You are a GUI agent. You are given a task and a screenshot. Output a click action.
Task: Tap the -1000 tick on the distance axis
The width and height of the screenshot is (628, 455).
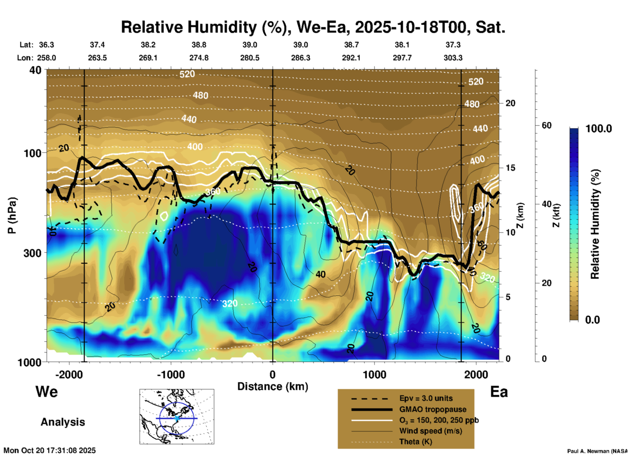click(171, 374)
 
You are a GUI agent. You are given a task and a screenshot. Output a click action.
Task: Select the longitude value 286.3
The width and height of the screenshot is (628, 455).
click(300, 58)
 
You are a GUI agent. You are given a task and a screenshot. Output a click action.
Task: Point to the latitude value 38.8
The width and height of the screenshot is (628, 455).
click(199, 45)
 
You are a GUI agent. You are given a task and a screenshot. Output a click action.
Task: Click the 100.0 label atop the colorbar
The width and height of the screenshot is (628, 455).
click(599, 129)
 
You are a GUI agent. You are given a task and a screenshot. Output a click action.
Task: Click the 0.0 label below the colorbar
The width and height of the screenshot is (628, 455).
click(592, 320)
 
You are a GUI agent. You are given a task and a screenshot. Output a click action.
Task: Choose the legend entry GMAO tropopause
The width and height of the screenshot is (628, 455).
click(433, 409)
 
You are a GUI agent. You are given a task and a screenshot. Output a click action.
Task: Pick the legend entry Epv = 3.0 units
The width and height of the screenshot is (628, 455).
click(426, 399)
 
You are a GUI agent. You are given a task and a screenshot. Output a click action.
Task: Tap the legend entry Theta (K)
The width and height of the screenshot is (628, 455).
click(415, 442)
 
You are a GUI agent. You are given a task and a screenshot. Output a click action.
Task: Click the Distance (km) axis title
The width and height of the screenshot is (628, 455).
click(273, 386)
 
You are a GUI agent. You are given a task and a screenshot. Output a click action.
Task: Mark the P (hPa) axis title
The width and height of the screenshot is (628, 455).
click(12, 215)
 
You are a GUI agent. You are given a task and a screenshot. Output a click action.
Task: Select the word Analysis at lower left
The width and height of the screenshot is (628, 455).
click(63, 422)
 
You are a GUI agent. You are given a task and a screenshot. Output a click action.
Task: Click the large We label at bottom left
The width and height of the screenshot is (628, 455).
click(47, 392)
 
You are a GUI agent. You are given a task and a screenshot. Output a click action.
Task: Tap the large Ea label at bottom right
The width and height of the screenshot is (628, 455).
click(499, 392)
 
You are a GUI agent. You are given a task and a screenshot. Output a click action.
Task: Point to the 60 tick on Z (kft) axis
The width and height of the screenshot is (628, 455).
click(546, 125)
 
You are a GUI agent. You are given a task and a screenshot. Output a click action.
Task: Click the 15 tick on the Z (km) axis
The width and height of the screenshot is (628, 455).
click(510, 168)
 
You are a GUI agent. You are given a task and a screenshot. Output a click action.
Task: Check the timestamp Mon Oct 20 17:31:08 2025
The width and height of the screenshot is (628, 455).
click(50, 450)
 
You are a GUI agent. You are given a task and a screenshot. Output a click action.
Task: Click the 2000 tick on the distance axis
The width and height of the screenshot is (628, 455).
click(476, 374)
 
